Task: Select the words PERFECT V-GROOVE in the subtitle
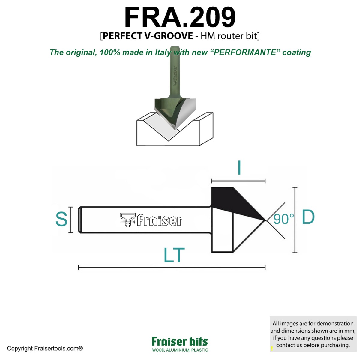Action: (148, 36)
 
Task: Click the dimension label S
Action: (61, 219)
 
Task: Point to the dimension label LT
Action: (174, 255)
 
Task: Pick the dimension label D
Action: (308, 217)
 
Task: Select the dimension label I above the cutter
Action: (239, 168)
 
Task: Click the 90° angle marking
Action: (283, 219)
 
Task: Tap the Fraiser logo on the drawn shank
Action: (151, 220)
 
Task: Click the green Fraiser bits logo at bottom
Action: (180, 341)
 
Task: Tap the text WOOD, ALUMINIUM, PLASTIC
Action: (180, 350)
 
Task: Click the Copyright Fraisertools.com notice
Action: (45, 349)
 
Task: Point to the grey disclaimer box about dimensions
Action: (313, 334)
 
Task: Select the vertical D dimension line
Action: (295, 220)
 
